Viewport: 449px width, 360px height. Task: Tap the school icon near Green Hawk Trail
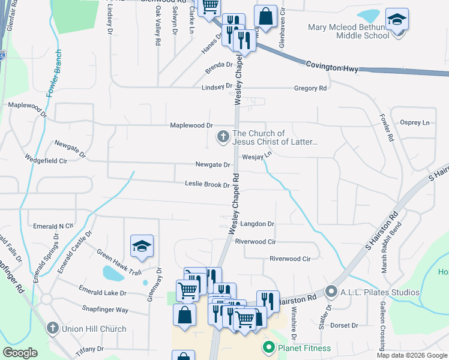142,246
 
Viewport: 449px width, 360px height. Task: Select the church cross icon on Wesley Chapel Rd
223,137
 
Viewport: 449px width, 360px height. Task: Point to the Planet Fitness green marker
268,347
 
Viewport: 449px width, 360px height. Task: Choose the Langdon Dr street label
257,224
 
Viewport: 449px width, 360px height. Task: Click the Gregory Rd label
310,88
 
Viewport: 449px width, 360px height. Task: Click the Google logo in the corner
20,353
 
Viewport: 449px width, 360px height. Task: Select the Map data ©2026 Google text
411,355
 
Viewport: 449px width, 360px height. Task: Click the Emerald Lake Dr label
103,293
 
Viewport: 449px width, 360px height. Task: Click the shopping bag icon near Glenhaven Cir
265,17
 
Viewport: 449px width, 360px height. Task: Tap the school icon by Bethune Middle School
397,20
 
